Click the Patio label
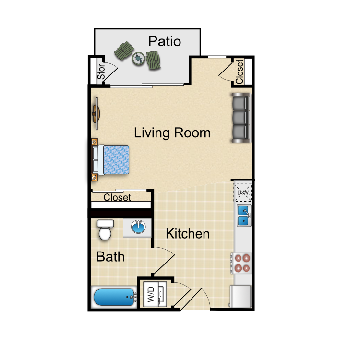[x=165, y=41]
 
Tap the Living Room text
[x=172, y=133]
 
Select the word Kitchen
[x=188, y=234]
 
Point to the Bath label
[x=110, y=256]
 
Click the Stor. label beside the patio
[x=101, y=72]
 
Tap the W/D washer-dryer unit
[x=155, y=294]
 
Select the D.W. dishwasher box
[x=243, y=192]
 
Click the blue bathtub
[x=115, y=297]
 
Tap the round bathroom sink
[x=138, y=227]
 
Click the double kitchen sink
[x=244, y=216]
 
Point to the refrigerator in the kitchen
[x=241, y=296]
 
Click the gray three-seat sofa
[x=241, y=118]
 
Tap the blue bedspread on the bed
[x=116, y=159]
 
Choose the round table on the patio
[x=138, y=59]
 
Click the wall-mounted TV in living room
[x=96, y=114]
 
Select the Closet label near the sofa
[x=240, y=72]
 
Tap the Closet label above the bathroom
[x=117, y=197]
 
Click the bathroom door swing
[x=164, y=261]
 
